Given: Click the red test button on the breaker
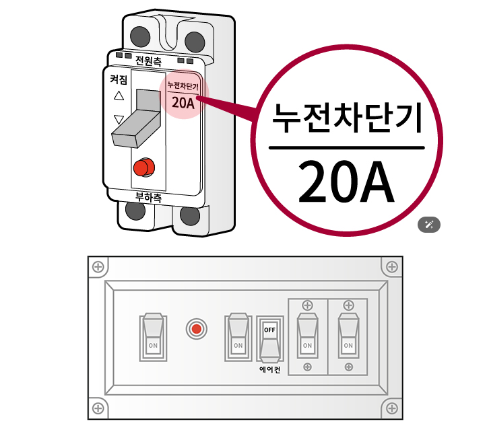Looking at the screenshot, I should point(142,167).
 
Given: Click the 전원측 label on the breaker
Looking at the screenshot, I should point(148,61).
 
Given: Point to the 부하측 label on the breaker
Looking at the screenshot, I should point(148,198).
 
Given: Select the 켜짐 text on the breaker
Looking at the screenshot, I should point(119,79).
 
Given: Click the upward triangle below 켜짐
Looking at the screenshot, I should point(119,96).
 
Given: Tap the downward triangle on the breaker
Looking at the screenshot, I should point(119,120).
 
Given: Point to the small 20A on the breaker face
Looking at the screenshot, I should point(183,103).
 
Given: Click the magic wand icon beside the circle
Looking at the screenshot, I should point(428,225).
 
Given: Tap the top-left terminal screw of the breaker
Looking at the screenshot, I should point(140,34).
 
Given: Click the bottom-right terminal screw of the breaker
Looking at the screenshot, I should point(190,216).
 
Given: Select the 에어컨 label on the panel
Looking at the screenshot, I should point(269,369).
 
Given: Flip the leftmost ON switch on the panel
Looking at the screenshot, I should point(153,336).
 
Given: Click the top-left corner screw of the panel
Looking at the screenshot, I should point(98,267).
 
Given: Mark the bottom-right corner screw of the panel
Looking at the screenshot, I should point(392,408).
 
